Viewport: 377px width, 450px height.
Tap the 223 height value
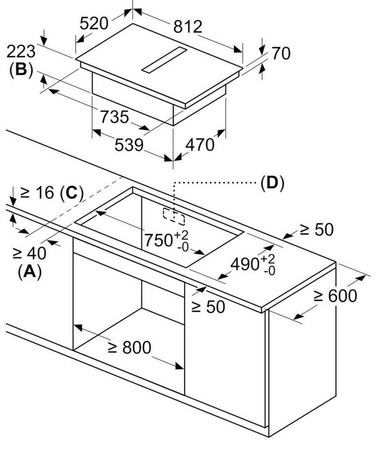(x=21, y=51)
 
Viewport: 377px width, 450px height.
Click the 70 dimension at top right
(x=280, y=53)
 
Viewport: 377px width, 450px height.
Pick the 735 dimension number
(x=114, y=116)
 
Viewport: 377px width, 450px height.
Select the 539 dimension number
(x=129, y=145)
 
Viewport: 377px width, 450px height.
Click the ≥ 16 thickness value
(x=37, y=193)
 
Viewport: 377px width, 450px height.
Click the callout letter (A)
(x=29, y=271)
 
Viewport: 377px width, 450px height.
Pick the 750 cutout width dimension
(x=159, y=240)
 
